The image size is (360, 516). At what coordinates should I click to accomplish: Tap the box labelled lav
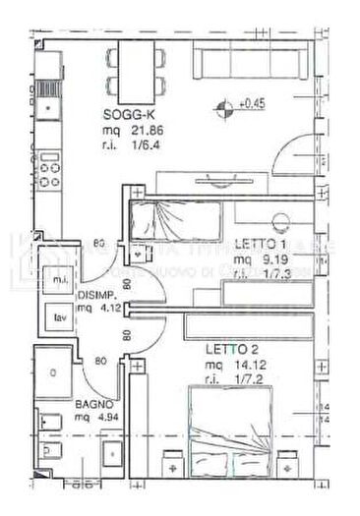click(60, 316)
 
